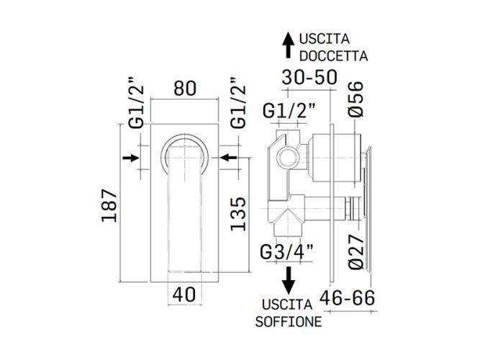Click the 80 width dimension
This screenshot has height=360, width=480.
185,89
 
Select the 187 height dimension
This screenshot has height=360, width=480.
109,206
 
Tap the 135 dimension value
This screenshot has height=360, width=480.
238,214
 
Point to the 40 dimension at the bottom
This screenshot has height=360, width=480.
184,294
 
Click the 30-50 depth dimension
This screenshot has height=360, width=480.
309,77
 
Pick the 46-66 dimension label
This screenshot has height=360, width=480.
347,297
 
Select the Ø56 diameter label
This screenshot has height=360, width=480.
356,99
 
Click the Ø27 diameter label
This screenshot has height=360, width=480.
356,252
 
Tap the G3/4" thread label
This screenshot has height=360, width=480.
287,252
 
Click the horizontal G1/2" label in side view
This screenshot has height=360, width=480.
289,111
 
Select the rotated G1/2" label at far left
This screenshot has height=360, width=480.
136,103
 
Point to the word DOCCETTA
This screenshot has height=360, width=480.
333,56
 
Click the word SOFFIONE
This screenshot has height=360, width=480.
289,321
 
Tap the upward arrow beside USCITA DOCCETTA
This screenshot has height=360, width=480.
288,45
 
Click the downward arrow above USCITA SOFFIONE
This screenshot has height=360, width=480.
289,281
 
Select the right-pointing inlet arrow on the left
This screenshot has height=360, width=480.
131,158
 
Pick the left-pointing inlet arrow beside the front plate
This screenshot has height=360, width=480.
229,158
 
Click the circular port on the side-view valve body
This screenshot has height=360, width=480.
287,157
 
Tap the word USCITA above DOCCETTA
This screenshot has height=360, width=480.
324,39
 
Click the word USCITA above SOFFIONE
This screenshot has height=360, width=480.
287,305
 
